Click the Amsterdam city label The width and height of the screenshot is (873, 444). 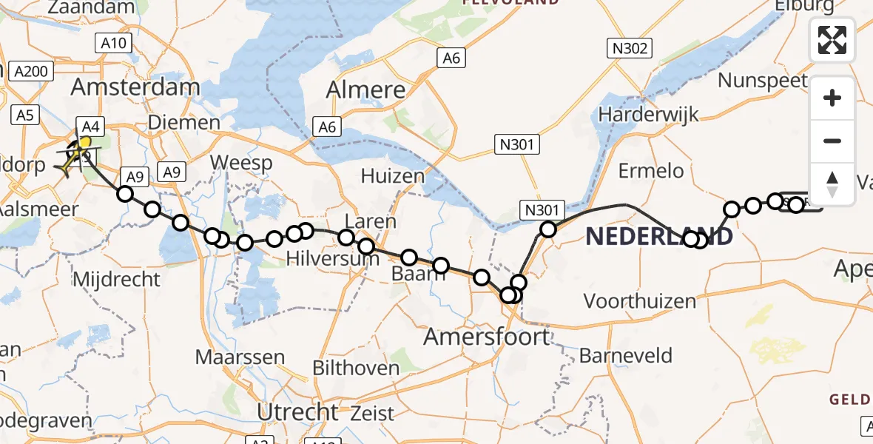pos(135,87)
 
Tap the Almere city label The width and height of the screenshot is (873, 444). pos(368,90)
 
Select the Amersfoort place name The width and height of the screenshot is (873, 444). pos(486,337)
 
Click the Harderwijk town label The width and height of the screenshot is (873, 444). pos(649,115)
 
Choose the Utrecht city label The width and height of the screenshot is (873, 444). pos(298,411)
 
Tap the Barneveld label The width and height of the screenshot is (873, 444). pos(625,356)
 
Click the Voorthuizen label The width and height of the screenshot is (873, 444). pos(640,301)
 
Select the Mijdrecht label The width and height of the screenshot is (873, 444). pos(117,279)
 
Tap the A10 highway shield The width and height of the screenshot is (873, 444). pos(113,44)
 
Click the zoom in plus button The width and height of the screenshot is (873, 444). pos(832,98)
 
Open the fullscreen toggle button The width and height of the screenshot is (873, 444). pos(832,40)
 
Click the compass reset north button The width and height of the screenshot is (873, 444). pos(832,184)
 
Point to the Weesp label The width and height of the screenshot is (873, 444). pos(241,163)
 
